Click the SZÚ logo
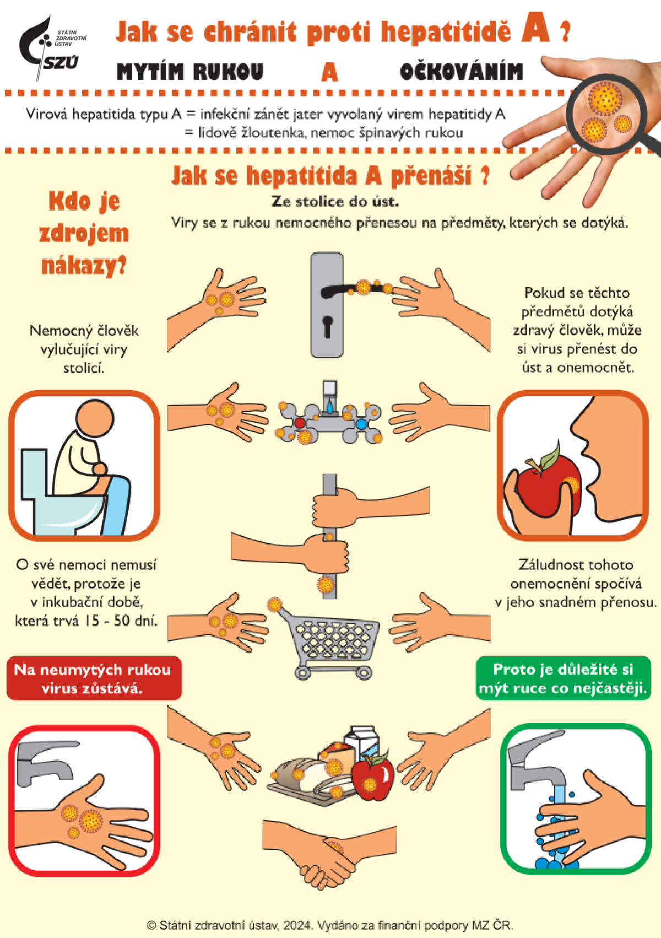[x=52, y=48]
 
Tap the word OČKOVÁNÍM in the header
[x=461, y=72]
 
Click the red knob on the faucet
[x=300, y=423]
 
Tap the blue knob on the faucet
[x=361, y=424]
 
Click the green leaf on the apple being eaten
[x=550, y=456]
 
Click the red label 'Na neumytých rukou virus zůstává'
[x=94, y=678]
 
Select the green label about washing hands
[x=564, y=678]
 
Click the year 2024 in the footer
[x=297, y=925]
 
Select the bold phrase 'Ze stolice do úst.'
[x=334, y=202]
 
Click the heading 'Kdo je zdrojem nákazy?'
[x=84, y=234]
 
